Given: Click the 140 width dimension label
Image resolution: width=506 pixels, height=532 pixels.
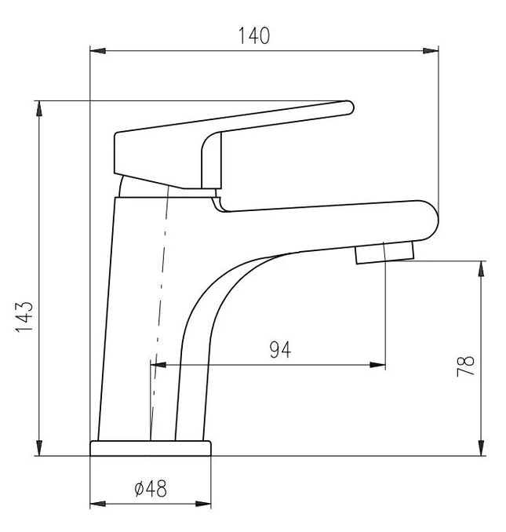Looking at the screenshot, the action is pyautogui.click(x=254, y=36).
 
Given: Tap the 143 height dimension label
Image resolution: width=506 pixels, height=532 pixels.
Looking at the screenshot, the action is pyautogui.click(x=24, y=316).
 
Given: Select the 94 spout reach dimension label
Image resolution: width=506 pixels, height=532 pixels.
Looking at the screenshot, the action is pyautogui.click(x=280, y=350).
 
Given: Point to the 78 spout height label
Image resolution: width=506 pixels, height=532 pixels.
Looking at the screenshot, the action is pyautogui.click(x=465, y=366).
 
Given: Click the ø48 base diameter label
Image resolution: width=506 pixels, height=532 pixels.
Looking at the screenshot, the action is pyautogui.click(x=151, y=489).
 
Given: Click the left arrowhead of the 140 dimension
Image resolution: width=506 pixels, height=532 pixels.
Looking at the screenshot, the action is pyautogui.click(x=98, y=51).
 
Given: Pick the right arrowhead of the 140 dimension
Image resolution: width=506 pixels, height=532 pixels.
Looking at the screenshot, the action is pyautogui.click(x=431, y=51).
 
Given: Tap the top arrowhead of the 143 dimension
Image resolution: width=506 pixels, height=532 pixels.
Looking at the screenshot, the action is pyautogui.click(x=39, y=108).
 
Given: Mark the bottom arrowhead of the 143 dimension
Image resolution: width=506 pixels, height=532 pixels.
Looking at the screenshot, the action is pyautogui.click(x=39, y=448).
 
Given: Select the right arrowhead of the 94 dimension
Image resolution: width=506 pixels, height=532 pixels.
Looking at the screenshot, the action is pyautogui.click(x=378, y=365).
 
